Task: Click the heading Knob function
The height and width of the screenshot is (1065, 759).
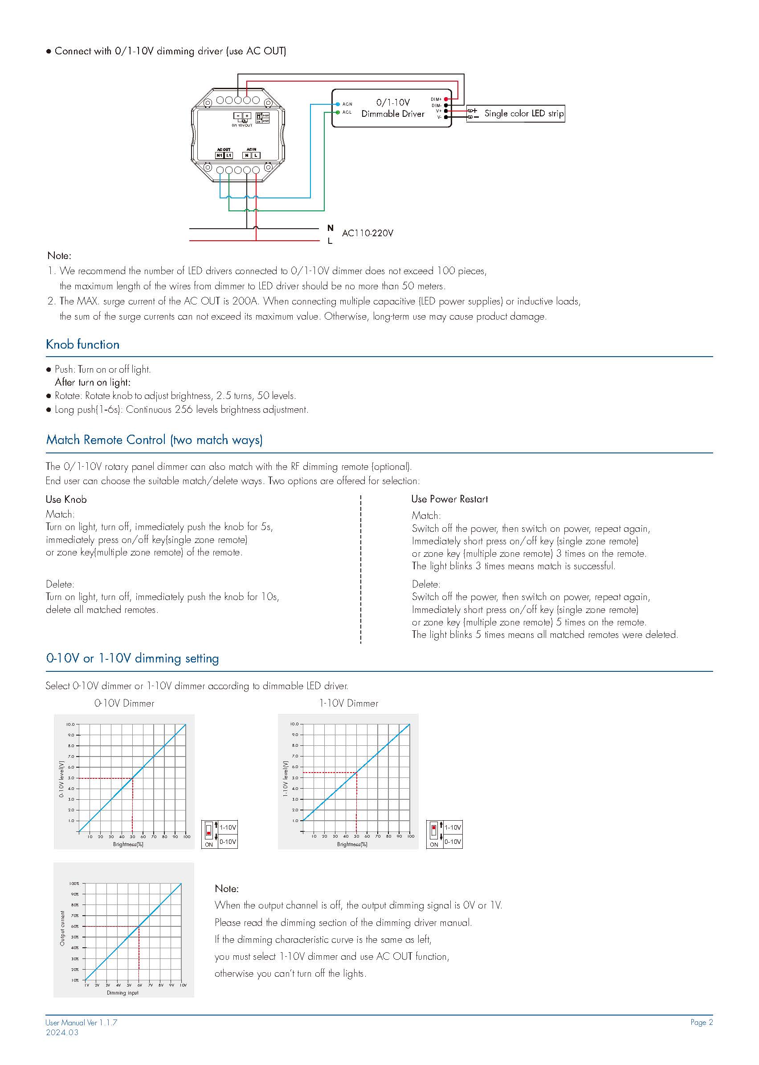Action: point(83,344)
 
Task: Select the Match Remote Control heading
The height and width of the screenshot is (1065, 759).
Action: point(154,440)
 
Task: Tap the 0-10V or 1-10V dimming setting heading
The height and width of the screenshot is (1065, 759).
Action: point(132,658)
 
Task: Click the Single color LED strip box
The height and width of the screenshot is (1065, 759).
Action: point(515,114)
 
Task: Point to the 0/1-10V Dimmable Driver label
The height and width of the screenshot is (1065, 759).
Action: point(392,108)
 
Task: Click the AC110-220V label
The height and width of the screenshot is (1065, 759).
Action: point(368,233)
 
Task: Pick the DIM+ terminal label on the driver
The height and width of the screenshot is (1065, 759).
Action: point(436,99)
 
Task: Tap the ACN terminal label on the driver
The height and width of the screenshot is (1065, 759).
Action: point(347,104)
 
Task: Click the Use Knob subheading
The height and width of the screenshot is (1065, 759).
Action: point(66,500)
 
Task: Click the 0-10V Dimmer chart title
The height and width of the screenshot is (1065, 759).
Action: point(124,703)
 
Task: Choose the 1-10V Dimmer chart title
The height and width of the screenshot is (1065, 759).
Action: point(349,703)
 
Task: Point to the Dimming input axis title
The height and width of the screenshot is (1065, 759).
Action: point(122,992)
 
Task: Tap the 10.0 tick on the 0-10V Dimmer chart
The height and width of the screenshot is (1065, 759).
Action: point(70,724)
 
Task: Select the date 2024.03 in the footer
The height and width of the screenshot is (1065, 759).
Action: point(62,1032)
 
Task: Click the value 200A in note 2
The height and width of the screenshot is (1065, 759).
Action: point(245,301)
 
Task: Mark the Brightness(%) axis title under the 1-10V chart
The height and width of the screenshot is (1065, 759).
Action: point(352,844)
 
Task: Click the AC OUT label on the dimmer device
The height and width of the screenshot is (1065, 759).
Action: point(224,150)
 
